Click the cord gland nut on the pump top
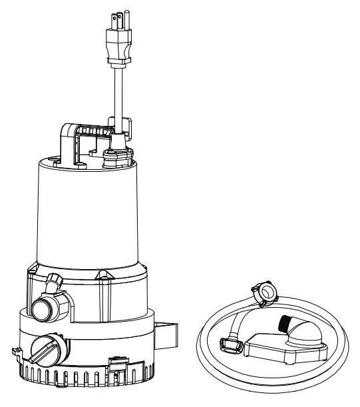[117, 157]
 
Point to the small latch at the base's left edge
[14, 351]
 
